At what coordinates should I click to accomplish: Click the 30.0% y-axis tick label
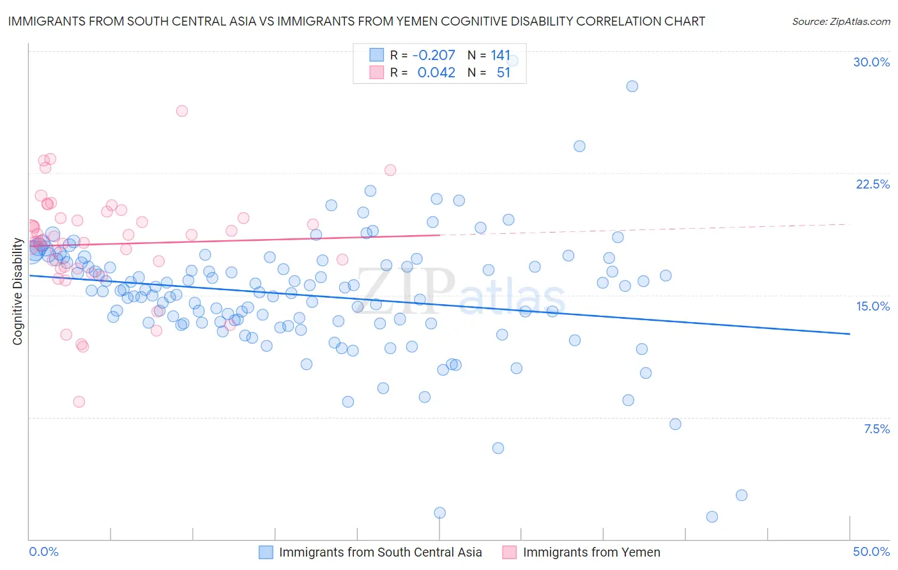tap(871, 62)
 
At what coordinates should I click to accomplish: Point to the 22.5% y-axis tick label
tap(872, 184)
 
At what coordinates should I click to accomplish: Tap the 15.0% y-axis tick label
tap(872, 306)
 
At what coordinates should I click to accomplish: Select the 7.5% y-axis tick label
tap(876, 429)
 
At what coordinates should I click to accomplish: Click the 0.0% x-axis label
tap(43, 551)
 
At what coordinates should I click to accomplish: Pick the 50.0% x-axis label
tap(871, 551)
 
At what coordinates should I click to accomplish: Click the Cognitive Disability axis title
tap(17, 291)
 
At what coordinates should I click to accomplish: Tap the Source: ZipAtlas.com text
tap(841, 21)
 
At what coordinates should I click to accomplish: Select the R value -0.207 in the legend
tap(434, 56)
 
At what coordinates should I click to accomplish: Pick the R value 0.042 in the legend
tap(436, 73)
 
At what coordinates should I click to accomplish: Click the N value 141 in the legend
tap(501, 56)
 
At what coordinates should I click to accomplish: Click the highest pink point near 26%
tap(182, 111)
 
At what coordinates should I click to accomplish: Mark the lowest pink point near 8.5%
tap(79, 402)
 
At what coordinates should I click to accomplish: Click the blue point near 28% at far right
tap(632, 86)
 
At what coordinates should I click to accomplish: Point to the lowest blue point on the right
tap(712, 517)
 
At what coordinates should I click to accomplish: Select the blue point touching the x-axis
tap(440, 513)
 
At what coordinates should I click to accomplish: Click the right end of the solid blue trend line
tap(849, 334)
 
